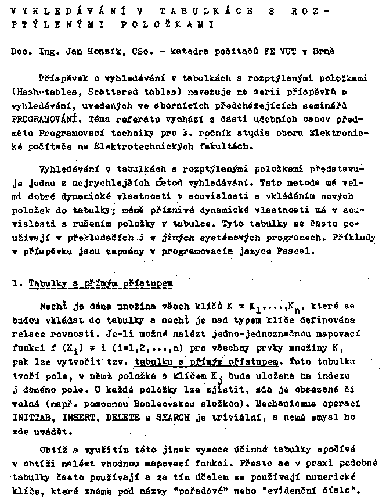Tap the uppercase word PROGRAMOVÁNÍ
tap(38, 118)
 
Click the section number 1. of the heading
tap(16, 283)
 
